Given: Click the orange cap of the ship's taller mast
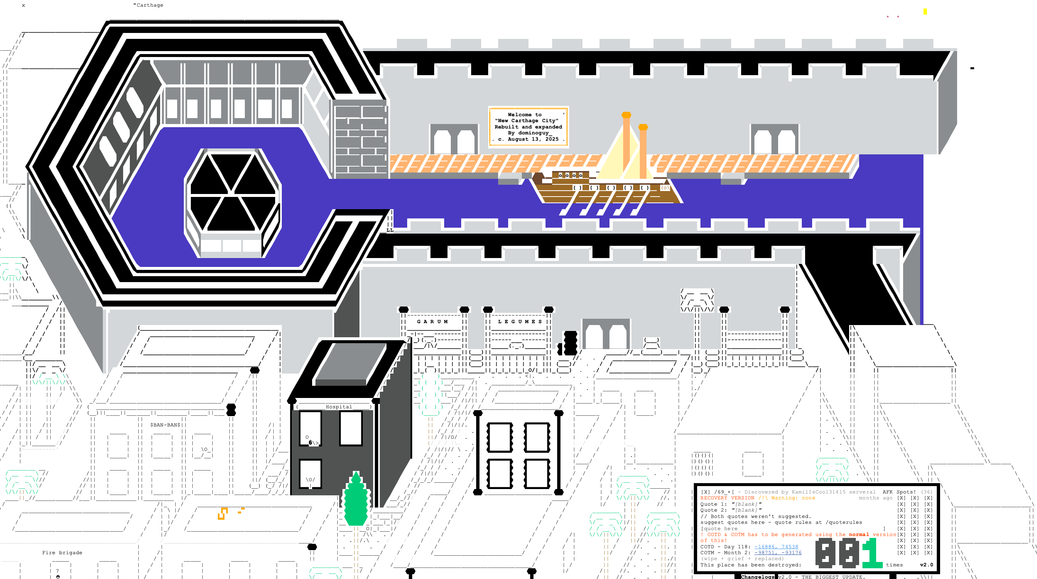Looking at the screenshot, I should pos(626,115).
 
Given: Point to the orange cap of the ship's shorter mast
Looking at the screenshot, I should pos(643,127).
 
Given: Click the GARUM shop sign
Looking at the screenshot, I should pos(432,322).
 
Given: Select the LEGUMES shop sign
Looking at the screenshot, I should pos(520,322).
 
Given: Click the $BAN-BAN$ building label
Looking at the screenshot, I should pos(165,425).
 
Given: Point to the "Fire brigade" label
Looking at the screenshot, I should pos(62,552).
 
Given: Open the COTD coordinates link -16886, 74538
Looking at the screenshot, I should pos(776,547).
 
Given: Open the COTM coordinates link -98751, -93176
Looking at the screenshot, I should pos(777,552).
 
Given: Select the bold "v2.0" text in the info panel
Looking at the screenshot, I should pos(926,565).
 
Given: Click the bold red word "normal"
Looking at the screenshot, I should pos(859,535).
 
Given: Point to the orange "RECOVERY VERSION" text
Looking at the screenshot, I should pos(727,498).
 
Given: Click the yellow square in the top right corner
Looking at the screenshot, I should pos(925,11).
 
